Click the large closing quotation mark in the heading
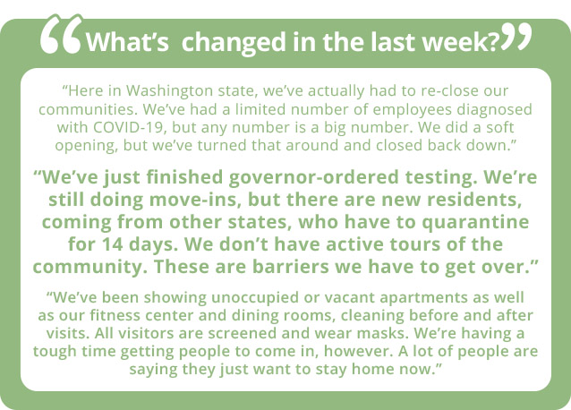coord(516,37)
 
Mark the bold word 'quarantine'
coord(475,223)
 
